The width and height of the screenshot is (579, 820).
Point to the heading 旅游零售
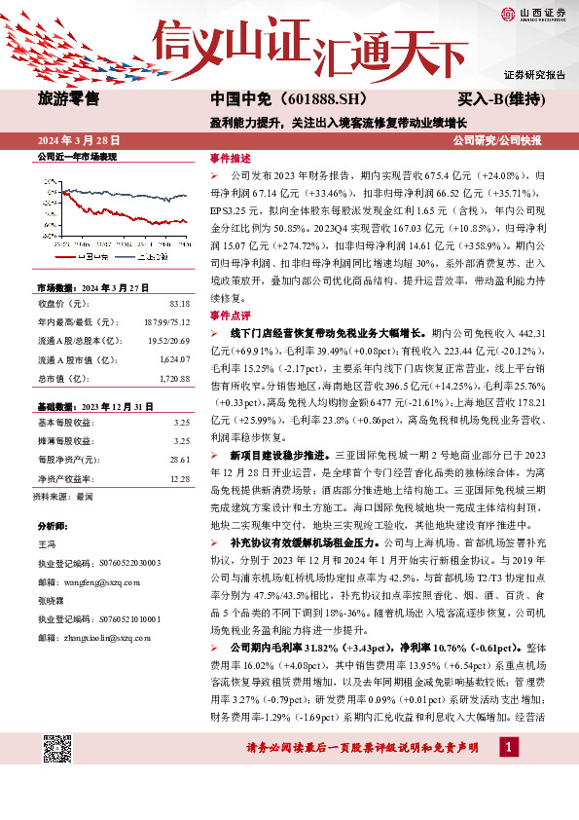[x=68, y=98]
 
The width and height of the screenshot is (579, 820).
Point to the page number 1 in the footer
[x=509, y=773]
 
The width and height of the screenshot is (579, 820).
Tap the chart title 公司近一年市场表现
[x=76, y=158]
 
